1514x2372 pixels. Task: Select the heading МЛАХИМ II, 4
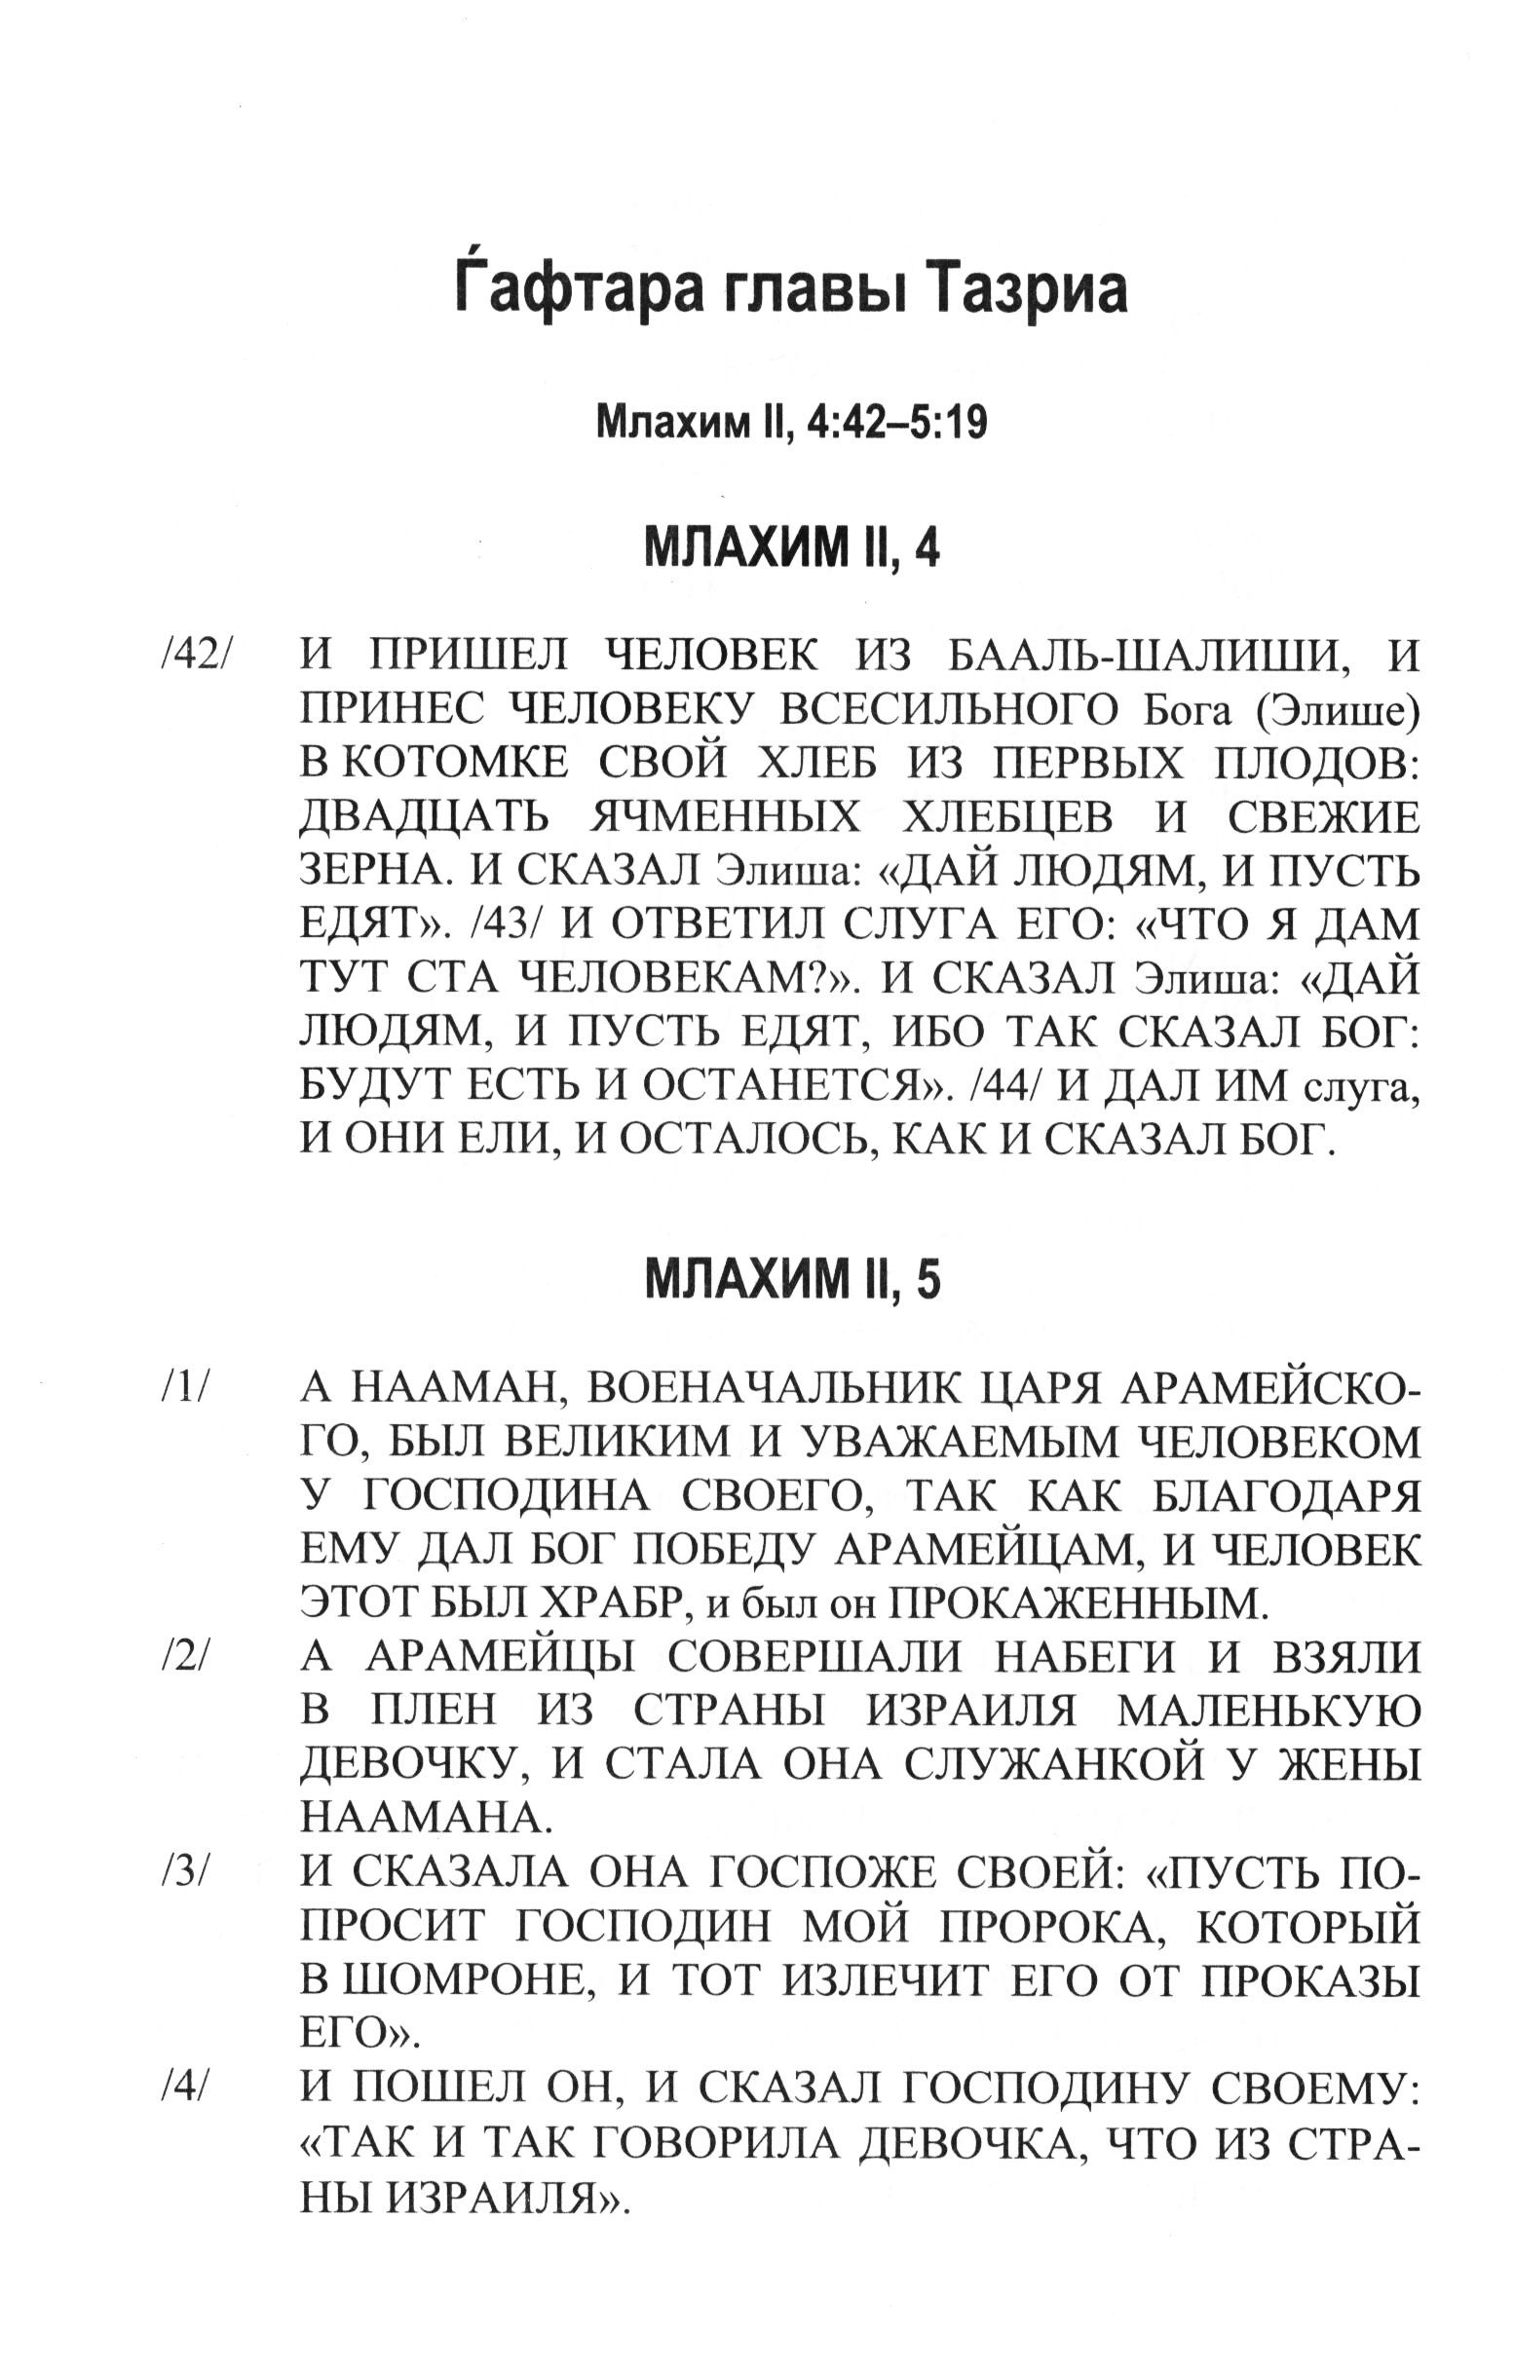tap(792, 547)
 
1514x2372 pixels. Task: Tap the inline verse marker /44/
tap(1003, 1085)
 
